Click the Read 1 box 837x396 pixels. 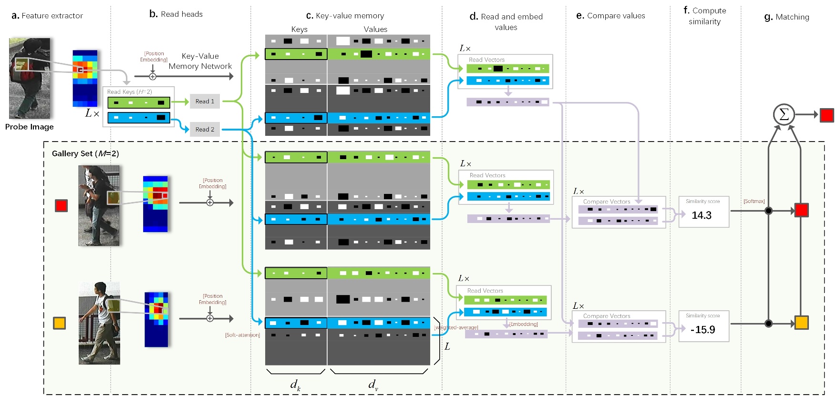pos(205,102)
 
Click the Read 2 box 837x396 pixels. pos(205,129)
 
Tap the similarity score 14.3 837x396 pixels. pos(702,215)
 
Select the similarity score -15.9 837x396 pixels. pos(703,330)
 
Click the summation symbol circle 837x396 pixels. pos(784,114)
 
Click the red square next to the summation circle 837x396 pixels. pos(827,115)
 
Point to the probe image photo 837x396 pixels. pos(30,78)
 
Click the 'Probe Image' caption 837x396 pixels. pos(30,127)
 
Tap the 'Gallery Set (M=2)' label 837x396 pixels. pos(85,153)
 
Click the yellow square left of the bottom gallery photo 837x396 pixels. pos(59,323)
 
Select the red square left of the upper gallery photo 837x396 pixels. pos(61,205)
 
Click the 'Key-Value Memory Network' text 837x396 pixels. pos(200,61)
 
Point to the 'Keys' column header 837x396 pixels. pos(299,30)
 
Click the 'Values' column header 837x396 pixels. pos(375,30)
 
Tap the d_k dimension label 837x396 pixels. pos(295,385)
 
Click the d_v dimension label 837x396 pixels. pos(373,385)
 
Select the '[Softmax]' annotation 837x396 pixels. pos(754,201)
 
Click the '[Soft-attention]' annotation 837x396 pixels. pos(242,335)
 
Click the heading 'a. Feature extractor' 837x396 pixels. pos(47,16)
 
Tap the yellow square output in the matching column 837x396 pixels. pos(801,323)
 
